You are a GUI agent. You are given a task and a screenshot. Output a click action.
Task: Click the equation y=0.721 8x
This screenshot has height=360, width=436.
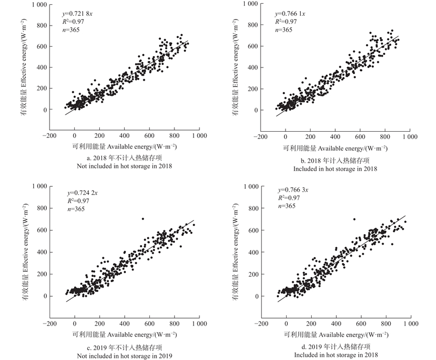click(80, 13)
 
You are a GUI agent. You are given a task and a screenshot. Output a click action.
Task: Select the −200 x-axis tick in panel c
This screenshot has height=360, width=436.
click(49, 324)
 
